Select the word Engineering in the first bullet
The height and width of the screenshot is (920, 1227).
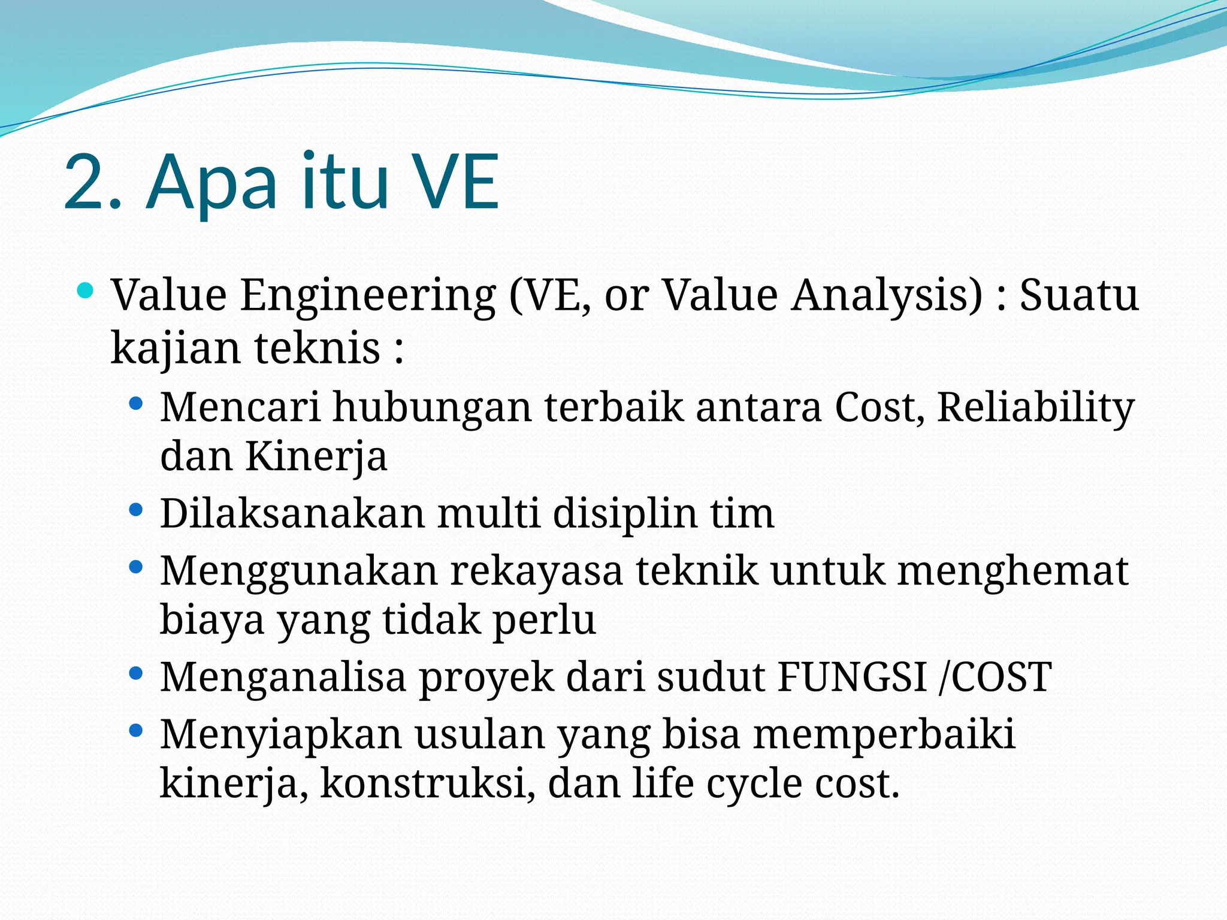click(368, 296)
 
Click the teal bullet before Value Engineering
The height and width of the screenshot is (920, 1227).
click(86, 292)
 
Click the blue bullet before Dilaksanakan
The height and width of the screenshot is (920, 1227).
click(136, 510)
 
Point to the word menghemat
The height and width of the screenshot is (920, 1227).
click(1013, 571)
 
